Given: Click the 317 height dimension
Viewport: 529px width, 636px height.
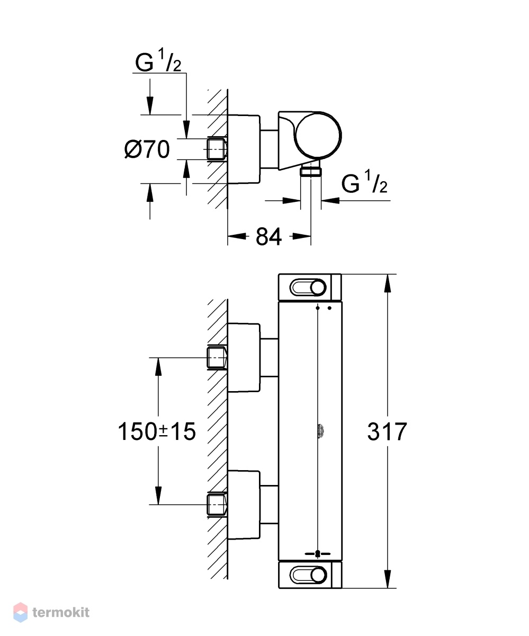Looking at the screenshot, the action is [x=387, y=431].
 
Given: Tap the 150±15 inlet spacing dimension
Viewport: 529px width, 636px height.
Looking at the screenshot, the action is [x=157, y=431].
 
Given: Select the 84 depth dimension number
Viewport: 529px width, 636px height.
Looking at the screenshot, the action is [x=268, y=237].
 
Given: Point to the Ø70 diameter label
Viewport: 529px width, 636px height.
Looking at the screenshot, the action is [x=147, y=149].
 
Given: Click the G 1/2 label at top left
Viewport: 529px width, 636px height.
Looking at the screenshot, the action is [x=158, y=61].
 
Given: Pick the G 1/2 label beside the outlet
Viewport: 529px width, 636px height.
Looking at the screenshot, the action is [x=364, y=182].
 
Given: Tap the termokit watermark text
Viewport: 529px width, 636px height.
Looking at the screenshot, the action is [x=61, y=612].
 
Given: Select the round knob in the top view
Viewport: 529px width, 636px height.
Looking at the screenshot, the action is [x=319, y=136].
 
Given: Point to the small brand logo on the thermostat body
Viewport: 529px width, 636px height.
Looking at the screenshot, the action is [x=319, y=431].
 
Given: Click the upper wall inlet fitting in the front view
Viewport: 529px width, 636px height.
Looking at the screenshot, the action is [x=217, y=358].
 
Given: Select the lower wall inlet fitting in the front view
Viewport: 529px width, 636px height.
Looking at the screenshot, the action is [x=217, y=505].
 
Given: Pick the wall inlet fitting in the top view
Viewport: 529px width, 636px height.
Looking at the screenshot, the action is [x=217, y=149].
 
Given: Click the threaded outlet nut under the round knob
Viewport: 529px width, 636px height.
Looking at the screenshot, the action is [x=310, y=171].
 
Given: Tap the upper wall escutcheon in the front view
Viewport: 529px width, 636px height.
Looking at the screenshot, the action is [x=244, y=358].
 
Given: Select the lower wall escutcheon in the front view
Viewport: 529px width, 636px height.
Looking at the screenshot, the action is [x=244, y=505].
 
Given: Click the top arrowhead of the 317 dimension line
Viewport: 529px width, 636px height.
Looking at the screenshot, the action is [x=388, y=283].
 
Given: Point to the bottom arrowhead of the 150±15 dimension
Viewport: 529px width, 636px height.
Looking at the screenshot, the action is [x=158, y=496].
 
